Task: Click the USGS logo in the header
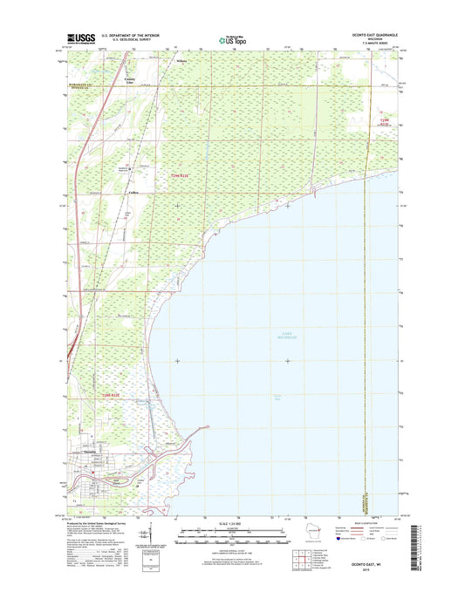point(79,38)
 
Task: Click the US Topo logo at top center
point(231,38)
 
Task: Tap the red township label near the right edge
point(386,122)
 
